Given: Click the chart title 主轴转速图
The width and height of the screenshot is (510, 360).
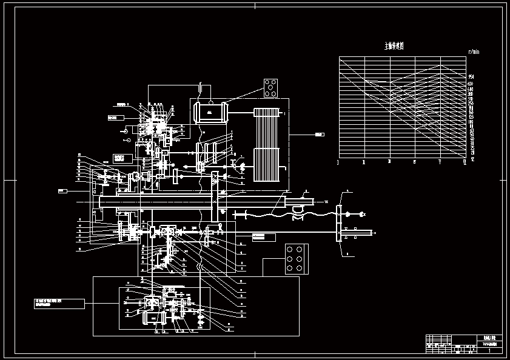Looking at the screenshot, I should (394, 46).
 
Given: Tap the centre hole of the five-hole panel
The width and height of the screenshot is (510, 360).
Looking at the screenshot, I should (270, 88).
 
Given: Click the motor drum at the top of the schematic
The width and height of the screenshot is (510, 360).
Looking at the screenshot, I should (210, 113).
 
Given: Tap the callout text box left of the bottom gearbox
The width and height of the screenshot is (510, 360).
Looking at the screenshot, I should (59, 303).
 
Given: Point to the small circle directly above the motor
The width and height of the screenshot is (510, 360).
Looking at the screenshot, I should (210, 93).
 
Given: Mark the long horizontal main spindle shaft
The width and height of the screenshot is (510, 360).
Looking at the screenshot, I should (182, 201).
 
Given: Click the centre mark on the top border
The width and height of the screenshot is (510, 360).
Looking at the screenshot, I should (255, 5).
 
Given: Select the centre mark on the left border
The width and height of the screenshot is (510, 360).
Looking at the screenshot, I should (5, 180).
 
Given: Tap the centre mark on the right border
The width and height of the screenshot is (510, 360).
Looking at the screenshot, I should (505, 180).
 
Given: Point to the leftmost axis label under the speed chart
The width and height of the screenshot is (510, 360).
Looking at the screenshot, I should (338, 162).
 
